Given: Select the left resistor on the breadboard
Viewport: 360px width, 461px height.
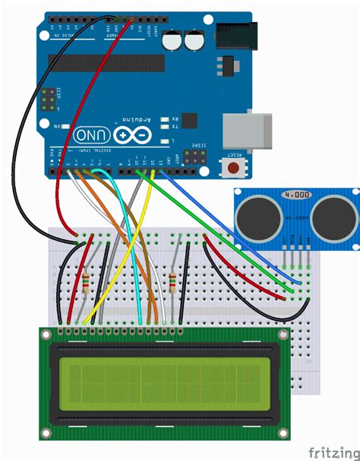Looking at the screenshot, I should click(x=90, y=284).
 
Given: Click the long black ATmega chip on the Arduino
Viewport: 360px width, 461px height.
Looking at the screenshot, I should click(x=106, y=63).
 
